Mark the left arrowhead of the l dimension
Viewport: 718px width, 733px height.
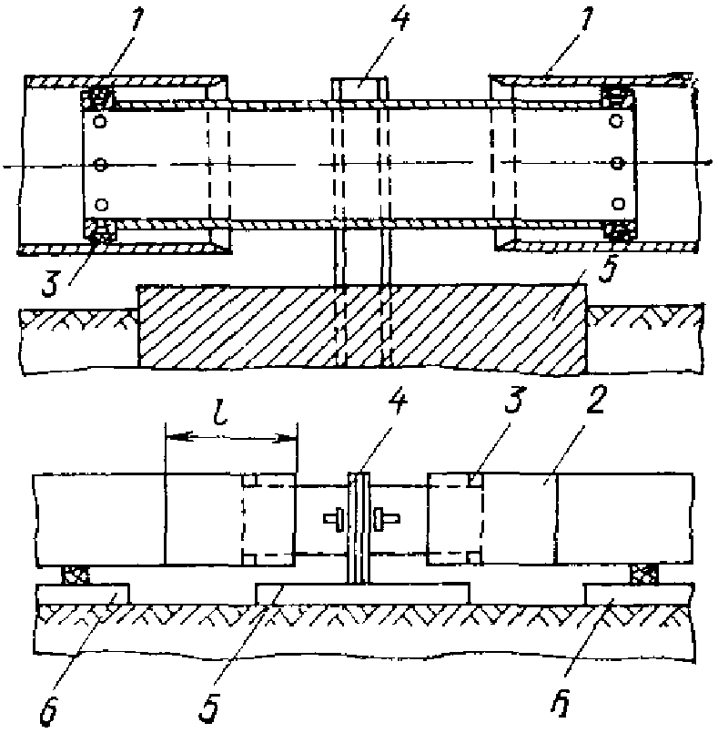click(x=173, y=439)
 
